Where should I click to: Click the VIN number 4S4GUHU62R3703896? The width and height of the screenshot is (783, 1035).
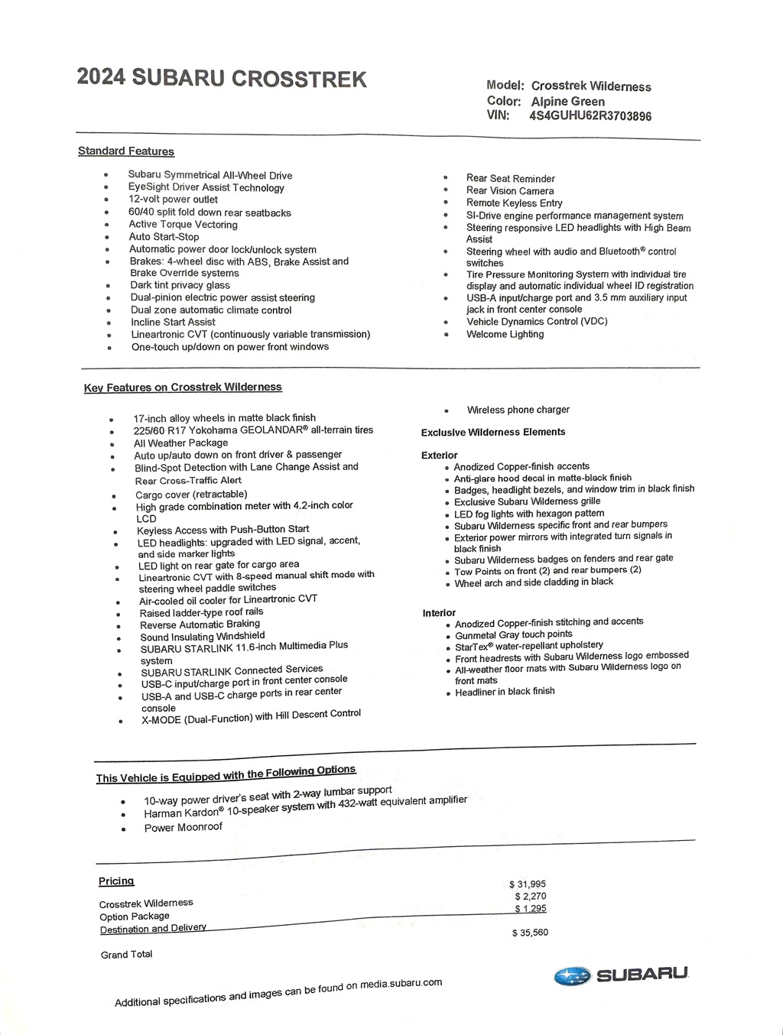pos(590,116)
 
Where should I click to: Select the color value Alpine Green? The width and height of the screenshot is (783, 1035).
pos(567,102)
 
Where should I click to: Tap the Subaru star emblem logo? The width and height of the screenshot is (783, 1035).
pos(573,976)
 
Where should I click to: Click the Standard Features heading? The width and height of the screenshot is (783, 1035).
pos(126,151)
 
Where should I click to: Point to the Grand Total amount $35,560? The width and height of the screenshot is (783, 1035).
pos(530,933)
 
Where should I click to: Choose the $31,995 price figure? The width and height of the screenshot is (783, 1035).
pos(528,884)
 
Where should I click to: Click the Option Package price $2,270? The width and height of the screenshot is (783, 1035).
pos(531,897)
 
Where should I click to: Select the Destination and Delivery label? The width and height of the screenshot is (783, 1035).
pos(153,929)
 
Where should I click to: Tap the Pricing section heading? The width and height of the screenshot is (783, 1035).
pos(116,881)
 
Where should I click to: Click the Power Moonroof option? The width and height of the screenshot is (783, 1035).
pos(183,828)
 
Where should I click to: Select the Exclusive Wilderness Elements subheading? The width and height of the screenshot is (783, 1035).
pos(493,433)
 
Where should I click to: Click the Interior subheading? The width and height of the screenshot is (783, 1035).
pos(439,613)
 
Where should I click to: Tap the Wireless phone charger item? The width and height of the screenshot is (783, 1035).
pos(518,410)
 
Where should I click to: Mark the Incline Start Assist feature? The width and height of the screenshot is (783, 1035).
pos(173,323)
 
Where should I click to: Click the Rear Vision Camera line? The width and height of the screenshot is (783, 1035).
pos(510,191)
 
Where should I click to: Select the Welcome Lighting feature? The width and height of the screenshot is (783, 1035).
pos(505,334)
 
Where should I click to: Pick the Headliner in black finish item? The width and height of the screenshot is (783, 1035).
pos(505,692)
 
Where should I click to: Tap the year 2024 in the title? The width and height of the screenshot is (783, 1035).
pos(101,78)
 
